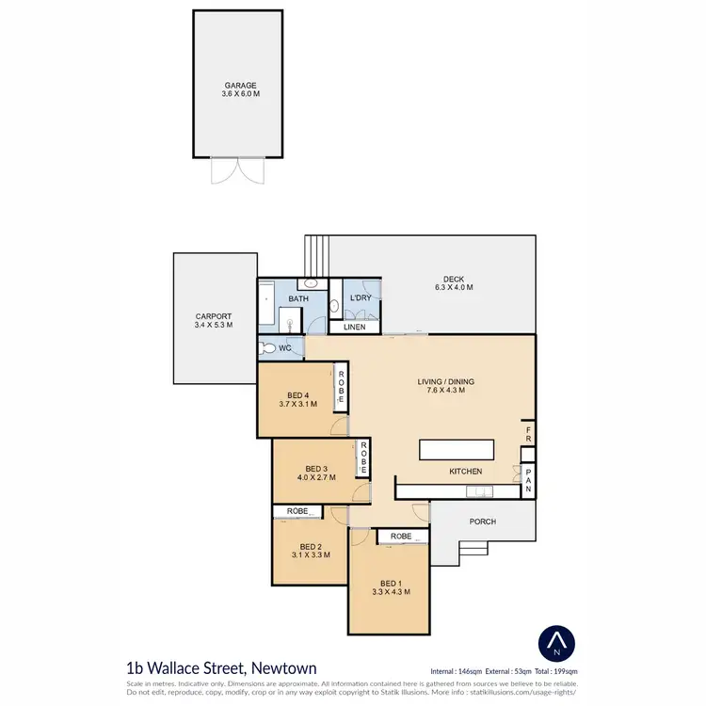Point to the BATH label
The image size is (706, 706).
click(298, 299)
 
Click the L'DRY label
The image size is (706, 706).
click(358, 299)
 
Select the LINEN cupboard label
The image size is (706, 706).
click(354, 328)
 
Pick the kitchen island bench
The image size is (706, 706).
click(457, 449)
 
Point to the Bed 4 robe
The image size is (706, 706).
click(341, 387)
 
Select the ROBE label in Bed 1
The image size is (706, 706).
click(402, 537)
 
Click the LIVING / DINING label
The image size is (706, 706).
click(446, 382)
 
